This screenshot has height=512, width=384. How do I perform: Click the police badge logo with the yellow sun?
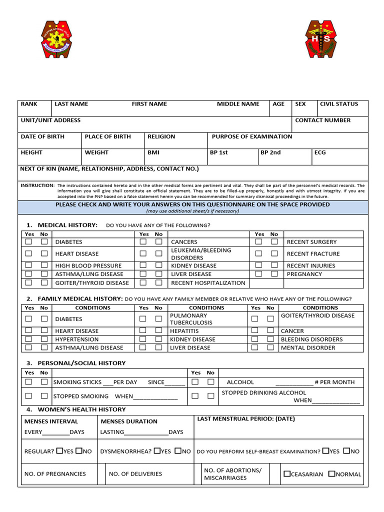[60, 39]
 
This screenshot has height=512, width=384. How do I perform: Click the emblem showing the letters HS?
[321, 39]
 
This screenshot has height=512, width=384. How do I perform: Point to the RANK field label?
[29, 104]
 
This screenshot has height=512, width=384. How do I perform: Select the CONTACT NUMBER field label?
[322, 120]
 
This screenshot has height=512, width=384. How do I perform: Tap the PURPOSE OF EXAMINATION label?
[252, 136]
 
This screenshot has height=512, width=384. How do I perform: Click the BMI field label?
[153, 152]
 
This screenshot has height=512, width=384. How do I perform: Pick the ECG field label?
[320, 152]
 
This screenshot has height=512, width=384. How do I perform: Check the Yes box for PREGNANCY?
[258, 274]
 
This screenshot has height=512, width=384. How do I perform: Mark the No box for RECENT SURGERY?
[274, 241]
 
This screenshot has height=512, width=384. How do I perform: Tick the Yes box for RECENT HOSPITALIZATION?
[143, 282]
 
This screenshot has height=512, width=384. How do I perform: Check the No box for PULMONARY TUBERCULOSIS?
[158, 318]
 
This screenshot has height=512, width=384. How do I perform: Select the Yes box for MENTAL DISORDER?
[255, 347]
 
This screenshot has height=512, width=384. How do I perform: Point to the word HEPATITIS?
[184, 331]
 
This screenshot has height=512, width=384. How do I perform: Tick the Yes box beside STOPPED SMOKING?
[28, 396]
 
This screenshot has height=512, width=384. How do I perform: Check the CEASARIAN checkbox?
[287, 473]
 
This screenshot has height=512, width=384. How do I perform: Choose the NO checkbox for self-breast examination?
[347, 450]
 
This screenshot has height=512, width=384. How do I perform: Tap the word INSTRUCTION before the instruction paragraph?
[37, 185]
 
